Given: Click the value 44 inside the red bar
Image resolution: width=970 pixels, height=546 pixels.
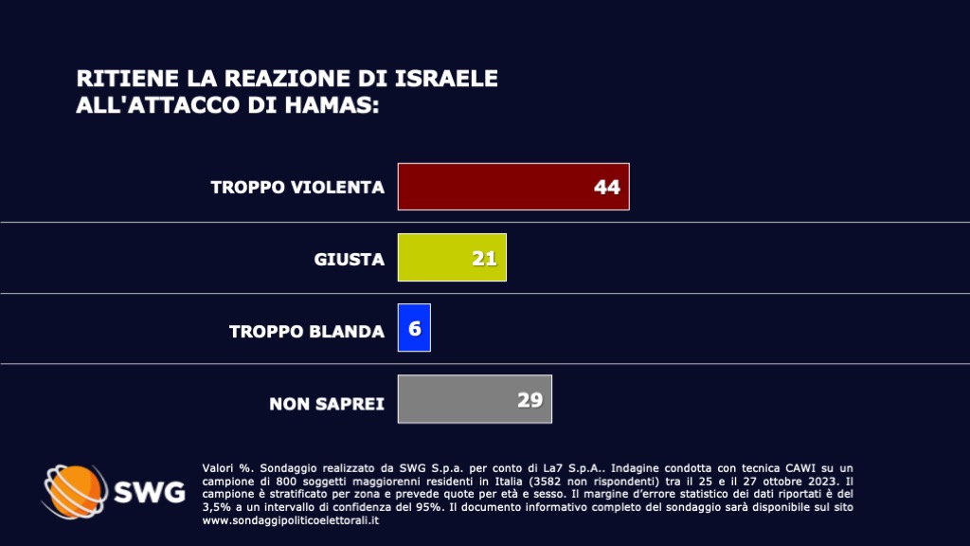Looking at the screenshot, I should tap(607, 188).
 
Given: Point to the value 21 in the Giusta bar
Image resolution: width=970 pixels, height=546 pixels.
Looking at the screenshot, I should tap(485, 258).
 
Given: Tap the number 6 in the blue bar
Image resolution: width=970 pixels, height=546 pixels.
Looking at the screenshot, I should tap(415, 329).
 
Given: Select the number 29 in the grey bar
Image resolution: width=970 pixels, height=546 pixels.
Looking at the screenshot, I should tap(530, 399).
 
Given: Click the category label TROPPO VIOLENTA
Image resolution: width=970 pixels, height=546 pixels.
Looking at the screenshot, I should tap(297, 188).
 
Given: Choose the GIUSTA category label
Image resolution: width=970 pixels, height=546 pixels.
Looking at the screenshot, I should tap(350, 259).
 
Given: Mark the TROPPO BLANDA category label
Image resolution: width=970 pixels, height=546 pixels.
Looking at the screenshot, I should tap(307, 331).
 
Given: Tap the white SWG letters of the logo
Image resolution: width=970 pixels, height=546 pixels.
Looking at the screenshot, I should tap(149, 493).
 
